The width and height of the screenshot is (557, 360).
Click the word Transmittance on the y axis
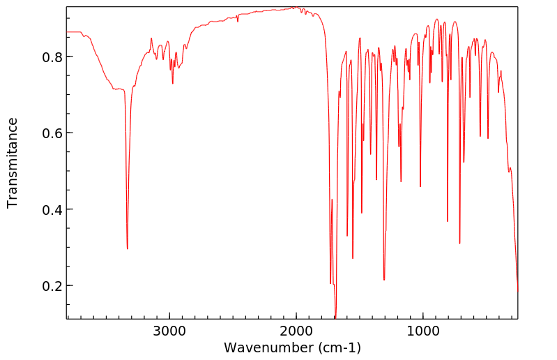click(x=13, y=163)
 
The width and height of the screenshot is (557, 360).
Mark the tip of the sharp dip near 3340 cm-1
click(x=127, y=248)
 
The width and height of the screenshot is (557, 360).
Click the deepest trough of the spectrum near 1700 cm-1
click(x=335, y=317)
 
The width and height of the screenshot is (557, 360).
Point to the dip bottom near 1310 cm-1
click(x=384, y=280)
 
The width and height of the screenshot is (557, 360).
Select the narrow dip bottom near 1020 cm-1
click(x=420, y=186)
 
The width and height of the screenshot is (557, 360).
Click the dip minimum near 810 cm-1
click(x=448, y=221)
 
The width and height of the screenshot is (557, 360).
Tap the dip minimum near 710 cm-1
click(x=460, y=243)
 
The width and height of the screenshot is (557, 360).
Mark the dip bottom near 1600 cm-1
click(x=347, y=236)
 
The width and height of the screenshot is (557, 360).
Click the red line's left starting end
click(x=67, y=31)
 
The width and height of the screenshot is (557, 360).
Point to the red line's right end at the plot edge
click(x=517, y=290)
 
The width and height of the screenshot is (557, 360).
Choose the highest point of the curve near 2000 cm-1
click(x=294, y=8)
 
